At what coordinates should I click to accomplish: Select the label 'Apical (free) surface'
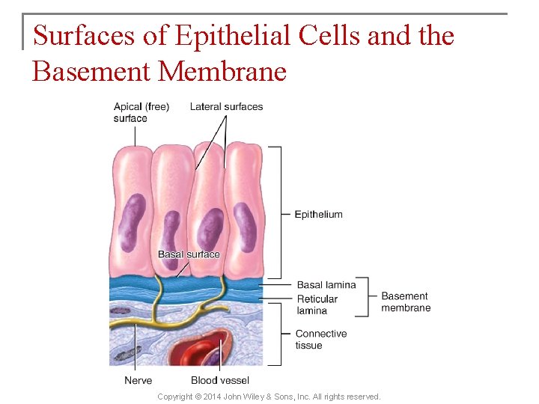click(141, 112)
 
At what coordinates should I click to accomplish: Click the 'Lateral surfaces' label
click(226, 107)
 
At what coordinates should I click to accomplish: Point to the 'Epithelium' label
click(318, 215)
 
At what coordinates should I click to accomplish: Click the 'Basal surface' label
click(189, 254)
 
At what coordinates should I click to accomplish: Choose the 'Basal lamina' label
click(326, 285)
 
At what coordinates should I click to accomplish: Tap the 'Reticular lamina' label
click(317, 304)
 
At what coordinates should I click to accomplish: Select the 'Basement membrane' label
click(406, 302)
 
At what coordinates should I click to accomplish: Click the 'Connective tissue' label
click(321, 340)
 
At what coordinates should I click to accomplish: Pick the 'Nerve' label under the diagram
click(138, 381)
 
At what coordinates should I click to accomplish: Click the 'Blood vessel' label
click(220, 381)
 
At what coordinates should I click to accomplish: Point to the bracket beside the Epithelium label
click(278, 213)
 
